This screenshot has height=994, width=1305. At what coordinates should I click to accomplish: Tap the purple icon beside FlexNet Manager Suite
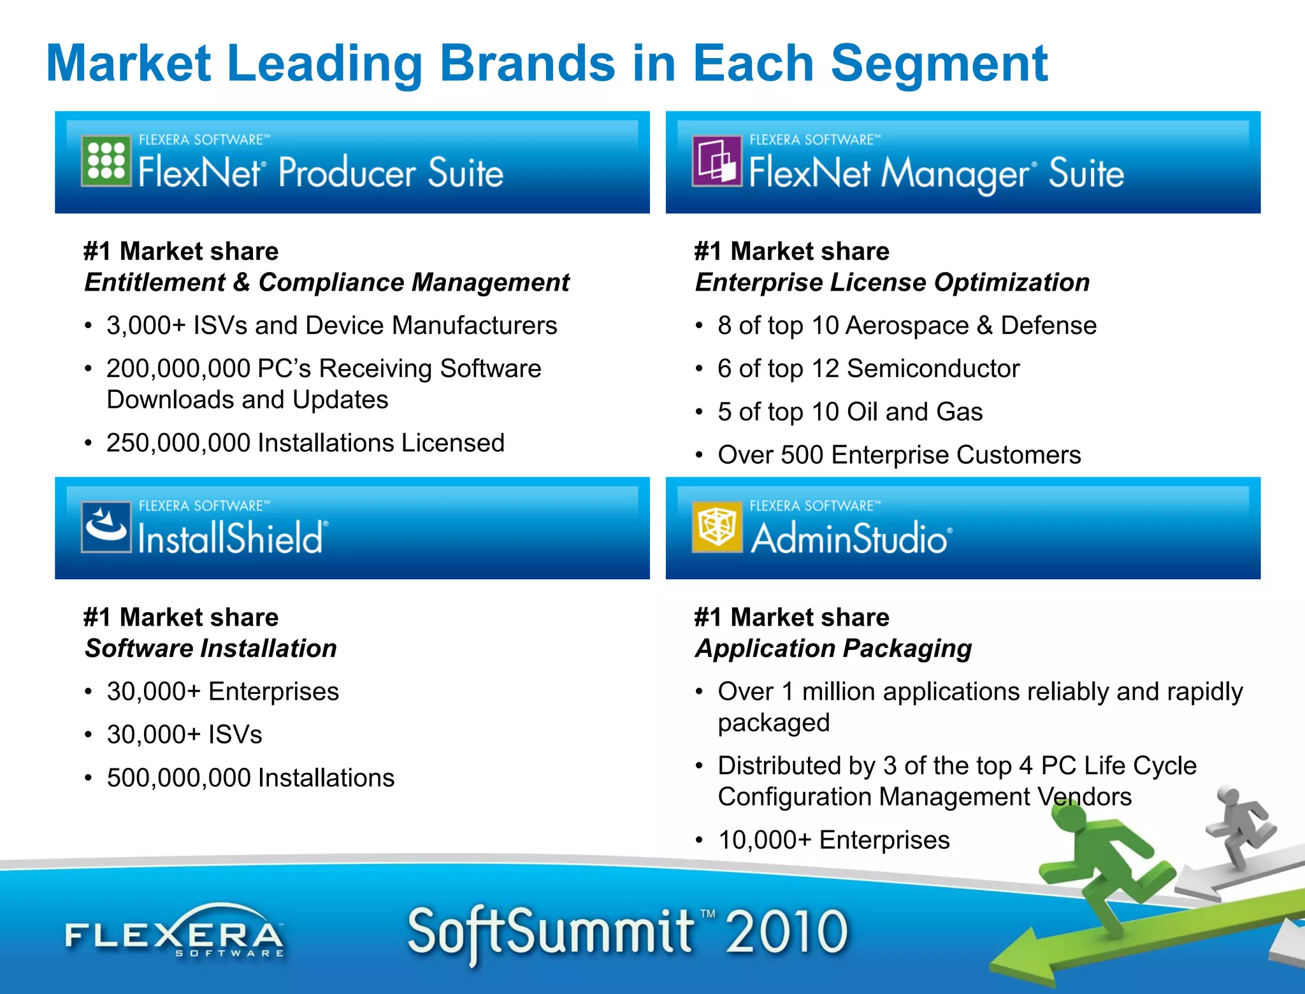[717, 161]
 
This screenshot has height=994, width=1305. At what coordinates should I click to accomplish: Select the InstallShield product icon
[106, 527]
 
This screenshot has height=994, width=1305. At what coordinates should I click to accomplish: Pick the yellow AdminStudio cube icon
[717, 527]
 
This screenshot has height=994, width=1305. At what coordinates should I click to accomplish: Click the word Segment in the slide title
[939, 64]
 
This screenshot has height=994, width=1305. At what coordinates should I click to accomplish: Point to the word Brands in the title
[528, 64]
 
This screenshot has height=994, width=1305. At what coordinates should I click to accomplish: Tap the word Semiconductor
[933, 369]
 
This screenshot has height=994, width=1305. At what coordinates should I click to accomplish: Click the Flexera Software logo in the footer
[174, 933]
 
